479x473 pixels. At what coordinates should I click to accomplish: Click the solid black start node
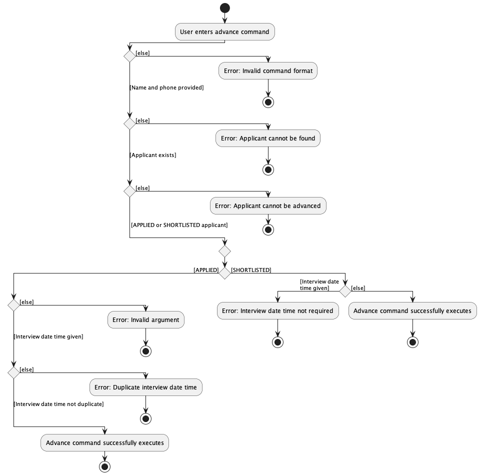(224, 7)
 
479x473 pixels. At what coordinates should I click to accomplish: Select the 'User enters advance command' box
(224, 32)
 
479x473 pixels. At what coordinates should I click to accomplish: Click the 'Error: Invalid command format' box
(268, 71)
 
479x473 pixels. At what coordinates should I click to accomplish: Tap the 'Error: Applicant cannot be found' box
(268, 138)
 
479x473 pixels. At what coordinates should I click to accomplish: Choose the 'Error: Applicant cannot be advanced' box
(268, 206)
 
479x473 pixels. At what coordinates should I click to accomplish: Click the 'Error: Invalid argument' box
(146, 320)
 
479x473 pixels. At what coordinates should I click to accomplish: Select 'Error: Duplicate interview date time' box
(146, 387)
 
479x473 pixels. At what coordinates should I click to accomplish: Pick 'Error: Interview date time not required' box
(277, 311)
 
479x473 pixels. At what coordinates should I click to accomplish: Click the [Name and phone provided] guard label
(166, 87)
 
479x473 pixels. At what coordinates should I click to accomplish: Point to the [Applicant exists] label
(153, 155)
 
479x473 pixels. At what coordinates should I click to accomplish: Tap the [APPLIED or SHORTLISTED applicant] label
(179, 225)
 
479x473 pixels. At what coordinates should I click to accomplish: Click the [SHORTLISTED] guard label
(251, 270)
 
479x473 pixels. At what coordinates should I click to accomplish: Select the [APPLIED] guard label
(206, 270)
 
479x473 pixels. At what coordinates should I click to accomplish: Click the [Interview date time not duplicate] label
(58, 404)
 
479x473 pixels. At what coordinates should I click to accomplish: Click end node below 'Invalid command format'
(268, 102)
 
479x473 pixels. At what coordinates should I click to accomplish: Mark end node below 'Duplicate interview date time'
(146, 418)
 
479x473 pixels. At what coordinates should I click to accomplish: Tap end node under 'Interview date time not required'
(277, 342)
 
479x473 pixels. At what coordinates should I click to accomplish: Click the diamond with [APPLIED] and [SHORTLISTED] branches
(224, 273)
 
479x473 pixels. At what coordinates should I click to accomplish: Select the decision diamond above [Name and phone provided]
(129, 56)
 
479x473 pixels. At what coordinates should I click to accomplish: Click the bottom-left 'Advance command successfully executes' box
(104, 443)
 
